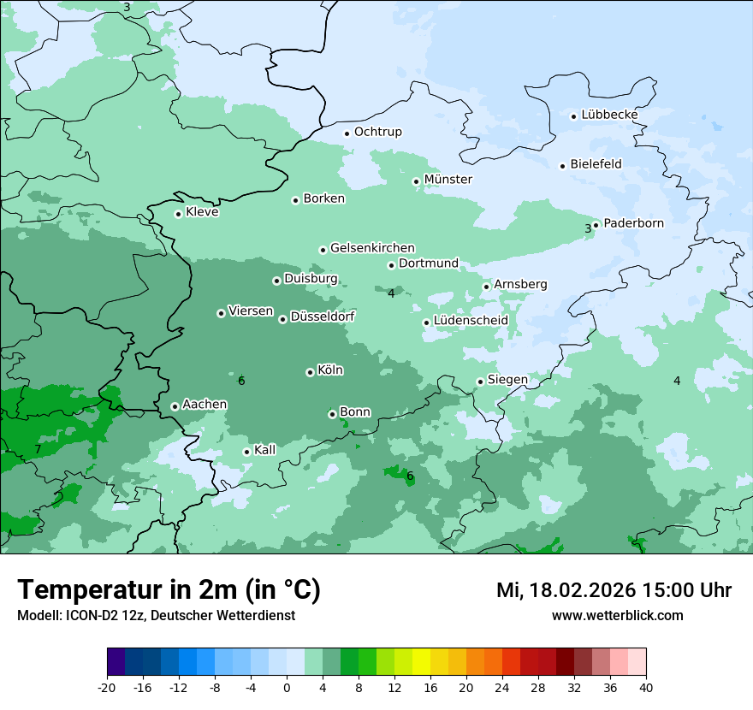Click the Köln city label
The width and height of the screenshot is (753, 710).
click(330, 370)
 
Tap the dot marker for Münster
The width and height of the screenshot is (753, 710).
click(416, 181)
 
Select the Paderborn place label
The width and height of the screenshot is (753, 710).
click(633, 223)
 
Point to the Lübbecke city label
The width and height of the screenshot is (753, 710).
click(609, 115)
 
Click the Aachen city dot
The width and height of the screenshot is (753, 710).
click(175, 406)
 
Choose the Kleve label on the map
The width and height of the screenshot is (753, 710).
click(202, 212)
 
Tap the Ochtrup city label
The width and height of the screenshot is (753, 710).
click(377, 132)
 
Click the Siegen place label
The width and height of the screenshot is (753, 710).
click(507, 380)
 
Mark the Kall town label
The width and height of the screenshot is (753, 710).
click(264, 450)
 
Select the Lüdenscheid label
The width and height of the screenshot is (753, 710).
click(471, 321)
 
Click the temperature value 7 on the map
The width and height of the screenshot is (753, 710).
click(38, 449)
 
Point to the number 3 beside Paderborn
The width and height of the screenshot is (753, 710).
click(588, 228)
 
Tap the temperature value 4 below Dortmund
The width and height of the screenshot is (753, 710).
click(391, 293)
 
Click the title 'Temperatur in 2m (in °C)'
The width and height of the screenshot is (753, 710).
click(169, 590)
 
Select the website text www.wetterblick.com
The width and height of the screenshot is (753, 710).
click(617, 616)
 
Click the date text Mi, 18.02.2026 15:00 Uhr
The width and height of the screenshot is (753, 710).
click(614, 590)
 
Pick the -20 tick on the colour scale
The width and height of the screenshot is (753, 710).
click(107, 687)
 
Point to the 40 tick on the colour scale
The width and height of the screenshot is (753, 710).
click(646, 687)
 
